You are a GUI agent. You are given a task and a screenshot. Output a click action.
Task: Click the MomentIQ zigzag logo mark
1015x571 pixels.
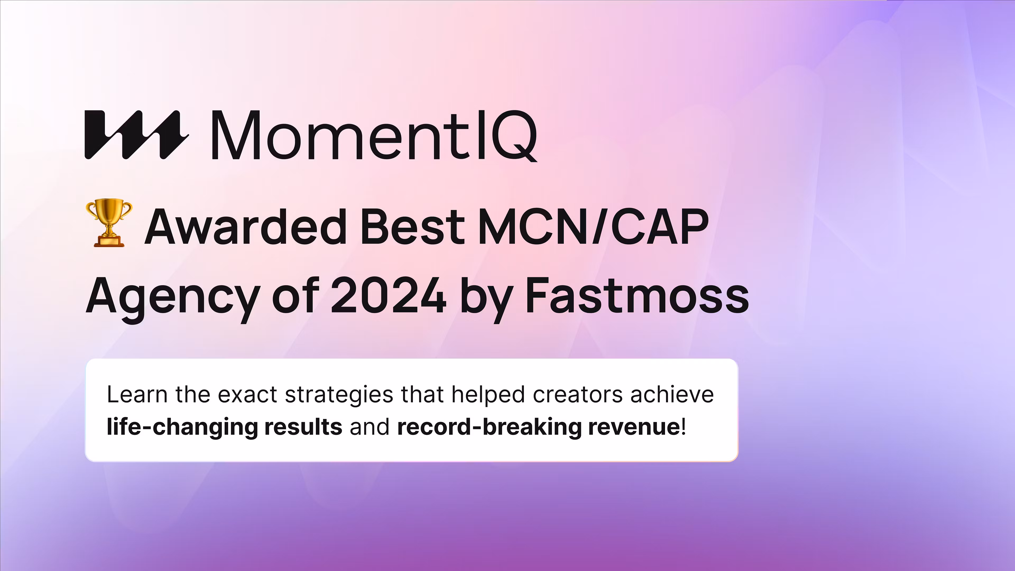(x=136, y=135)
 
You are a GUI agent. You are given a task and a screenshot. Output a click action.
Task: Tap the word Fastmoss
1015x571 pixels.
(x=637, y=295)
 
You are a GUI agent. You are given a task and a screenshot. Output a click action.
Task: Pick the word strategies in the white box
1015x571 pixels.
(x=339, y=396)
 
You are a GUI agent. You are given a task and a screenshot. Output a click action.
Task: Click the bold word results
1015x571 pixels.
(x=303, y=427)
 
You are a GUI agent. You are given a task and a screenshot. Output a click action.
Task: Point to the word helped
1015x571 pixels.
(x=488, y=395)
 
